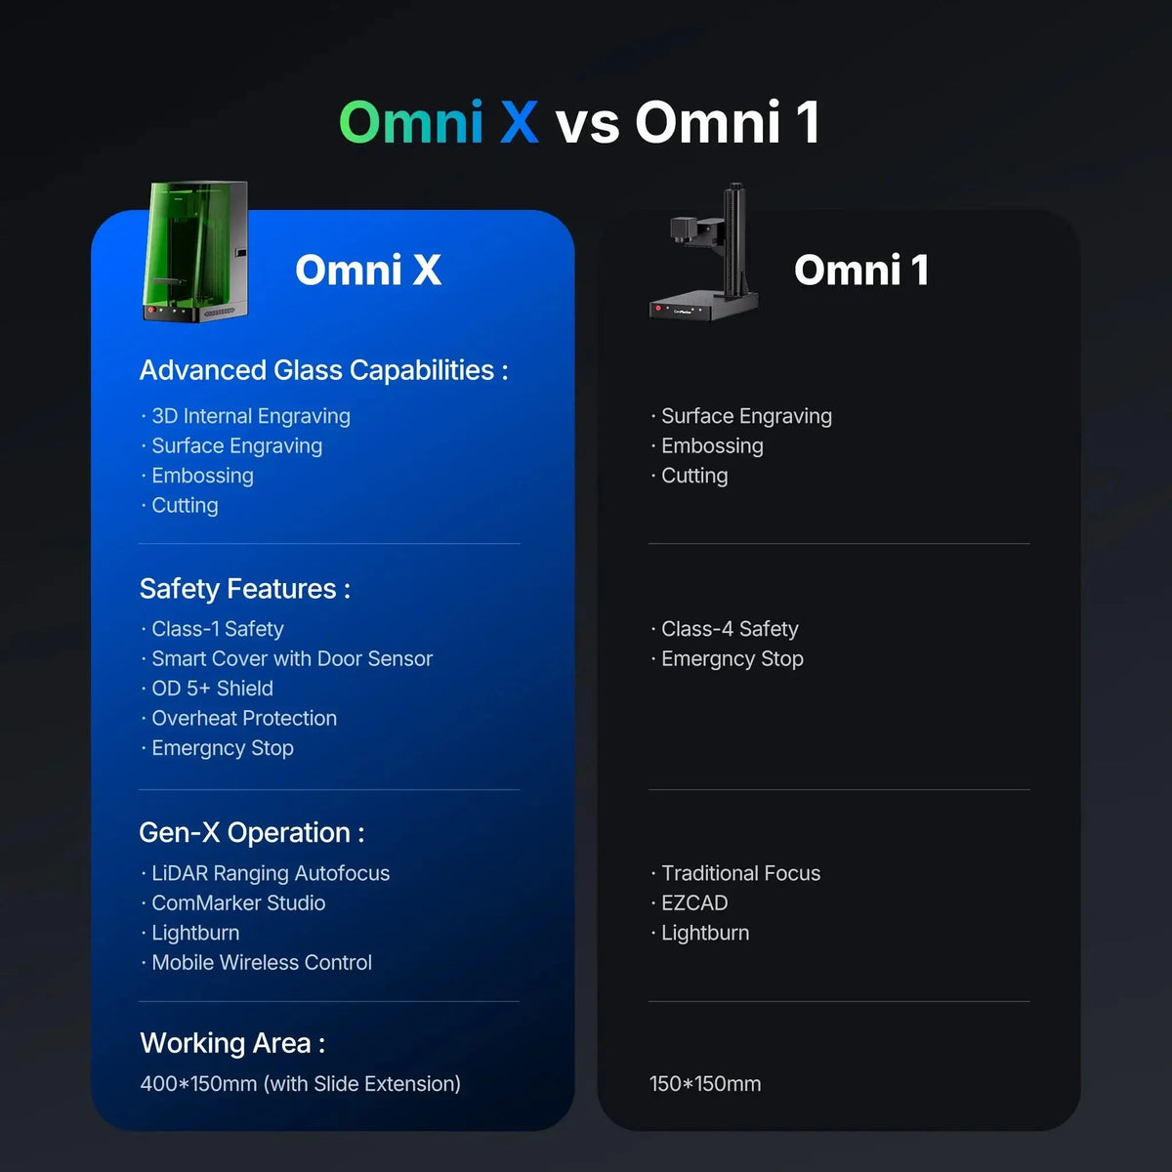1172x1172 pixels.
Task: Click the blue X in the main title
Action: tap(519, 122)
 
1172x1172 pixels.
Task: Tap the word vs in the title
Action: tap(588, 126)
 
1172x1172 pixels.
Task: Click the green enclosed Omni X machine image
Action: tap(195, 251)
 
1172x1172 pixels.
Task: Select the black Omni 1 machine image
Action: tap(704, 252)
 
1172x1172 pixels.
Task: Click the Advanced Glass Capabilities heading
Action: tap(323, 370)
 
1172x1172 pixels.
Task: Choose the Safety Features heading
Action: tap(245, 589)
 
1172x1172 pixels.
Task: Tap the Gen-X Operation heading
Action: tap(252, 833)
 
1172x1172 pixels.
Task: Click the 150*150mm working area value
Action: tap(705, 1084)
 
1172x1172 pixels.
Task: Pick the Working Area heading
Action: tap(232, 1044)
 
